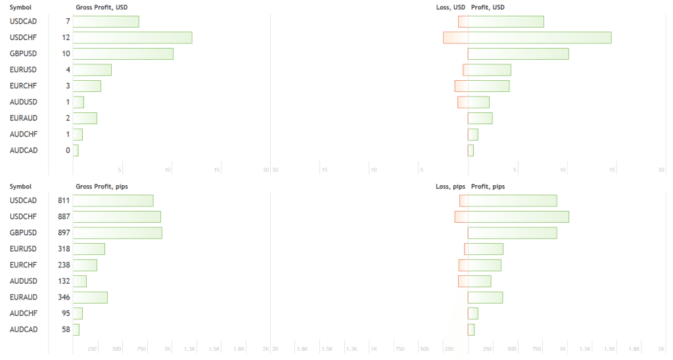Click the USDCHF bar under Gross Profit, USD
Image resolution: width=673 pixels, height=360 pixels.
point(132,37)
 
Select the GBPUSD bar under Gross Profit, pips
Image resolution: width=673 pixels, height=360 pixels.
point(117,233)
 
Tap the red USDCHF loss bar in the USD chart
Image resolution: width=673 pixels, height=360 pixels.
point(455,37)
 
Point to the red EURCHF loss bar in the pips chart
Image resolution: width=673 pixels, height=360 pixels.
point(463,265)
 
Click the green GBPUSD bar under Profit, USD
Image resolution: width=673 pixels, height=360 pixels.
point(518,54)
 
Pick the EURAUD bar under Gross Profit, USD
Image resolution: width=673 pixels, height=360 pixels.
point(85,118)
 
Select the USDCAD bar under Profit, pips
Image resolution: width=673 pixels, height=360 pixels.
point(512,200)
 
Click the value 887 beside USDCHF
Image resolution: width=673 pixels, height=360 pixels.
point(64,217)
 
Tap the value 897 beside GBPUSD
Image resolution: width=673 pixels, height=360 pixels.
point(64,233)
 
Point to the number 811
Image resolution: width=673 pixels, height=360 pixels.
point(64,200)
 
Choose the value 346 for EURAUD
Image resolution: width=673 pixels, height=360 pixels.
point(64,297)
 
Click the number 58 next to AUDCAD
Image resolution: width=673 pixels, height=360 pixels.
point(66,329)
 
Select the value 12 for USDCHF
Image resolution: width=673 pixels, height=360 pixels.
point(66,37)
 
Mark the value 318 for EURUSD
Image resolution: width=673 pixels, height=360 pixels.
point(64,249)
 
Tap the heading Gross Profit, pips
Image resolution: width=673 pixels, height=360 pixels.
point(102,187)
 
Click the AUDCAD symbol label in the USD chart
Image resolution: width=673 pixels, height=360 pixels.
point(24,150)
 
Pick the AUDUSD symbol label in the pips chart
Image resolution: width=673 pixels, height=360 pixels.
point(24,281)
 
